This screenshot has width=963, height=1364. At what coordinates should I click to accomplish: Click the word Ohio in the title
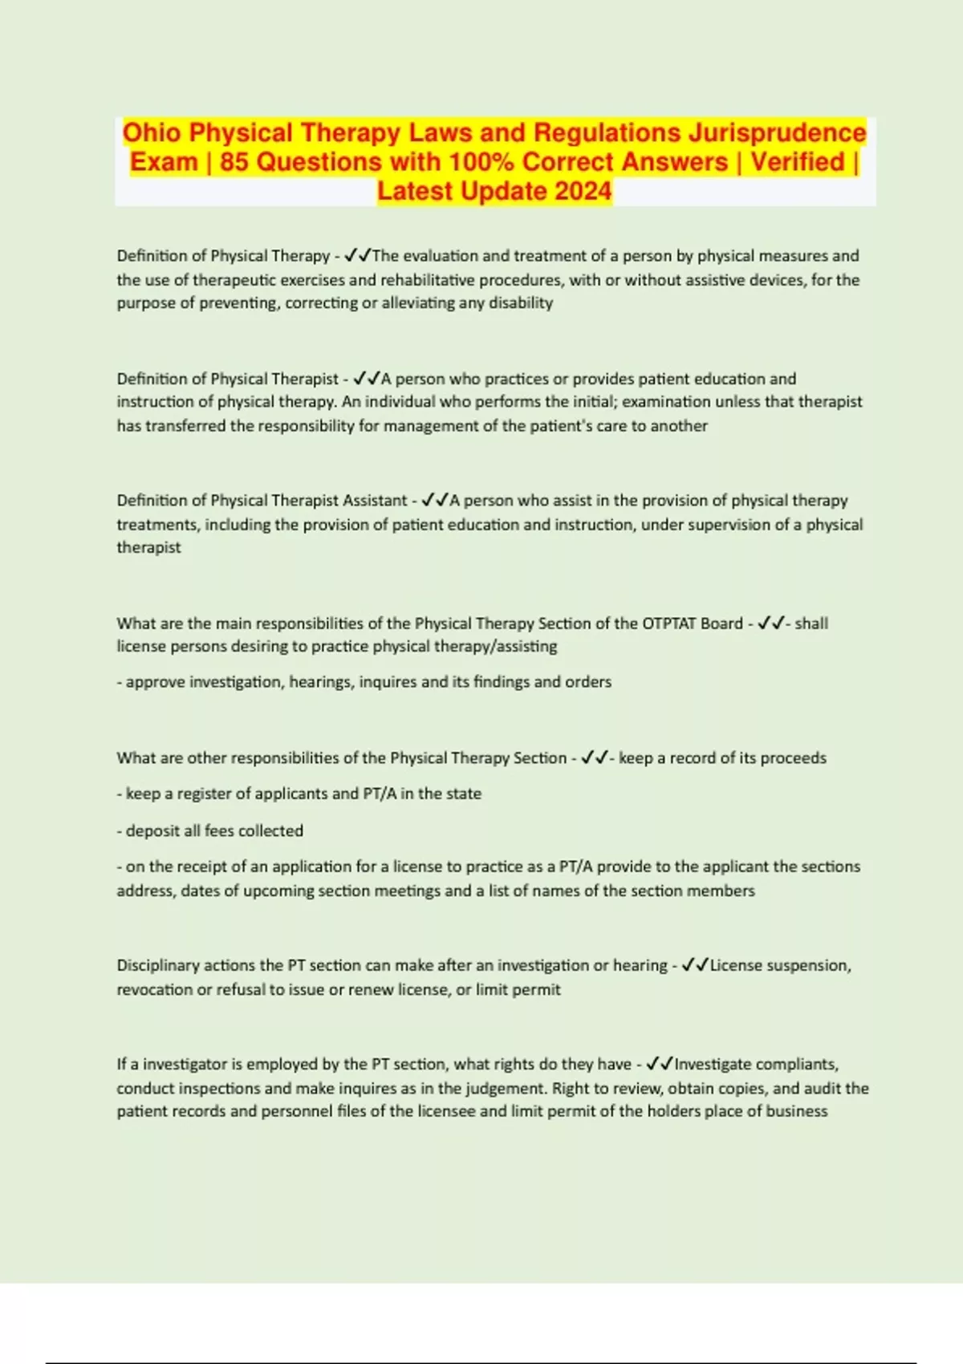pos(152,132)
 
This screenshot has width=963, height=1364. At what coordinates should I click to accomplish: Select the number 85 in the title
pos(234,162)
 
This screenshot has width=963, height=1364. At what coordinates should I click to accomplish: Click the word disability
pos(521,303)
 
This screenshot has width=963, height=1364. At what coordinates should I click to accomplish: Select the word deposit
pos(152,831)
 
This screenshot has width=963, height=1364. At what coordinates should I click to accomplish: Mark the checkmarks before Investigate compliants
pos(660,1064)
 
